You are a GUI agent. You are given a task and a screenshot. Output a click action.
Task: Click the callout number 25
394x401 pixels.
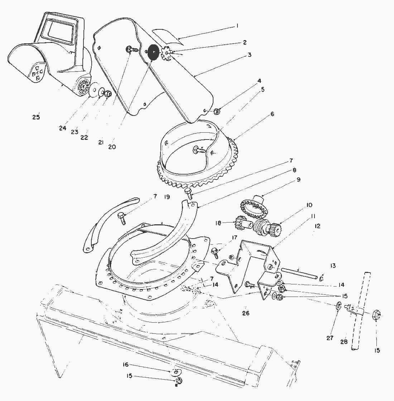36,117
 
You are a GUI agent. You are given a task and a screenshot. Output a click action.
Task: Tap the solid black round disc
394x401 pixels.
154,52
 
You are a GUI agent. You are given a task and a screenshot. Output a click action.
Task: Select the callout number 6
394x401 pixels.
272,114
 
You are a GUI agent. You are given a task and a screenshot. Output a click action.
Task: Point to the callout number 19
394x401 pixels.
167,197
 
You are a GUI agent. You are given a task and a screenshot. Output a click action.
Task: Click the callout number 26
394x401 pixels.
246,313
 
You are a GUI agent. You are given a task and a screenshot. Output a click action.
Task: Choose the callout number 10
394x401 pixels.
309,205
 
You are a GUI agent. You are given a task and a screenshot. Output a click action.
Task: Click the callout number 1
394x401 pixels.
237,26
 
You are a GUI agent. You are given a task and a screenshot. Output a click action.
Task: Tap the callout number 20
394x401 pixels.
112,147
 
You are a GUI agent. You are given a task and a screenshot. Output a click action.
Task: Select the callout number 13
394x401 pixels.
333,265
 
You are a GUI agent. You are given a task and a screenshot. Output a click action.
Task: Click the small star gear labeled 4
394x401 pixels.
216,112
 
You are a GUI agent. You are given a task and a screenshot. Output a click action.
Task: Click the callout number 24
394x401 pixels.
63,128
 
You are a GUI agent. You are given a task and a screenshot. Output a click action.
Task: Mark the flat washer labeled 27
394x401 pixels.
338,306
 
